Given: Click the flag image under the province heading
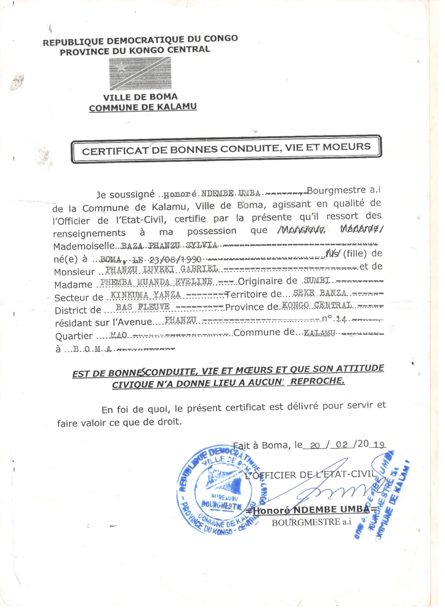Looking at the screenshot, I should (x=140, y=73).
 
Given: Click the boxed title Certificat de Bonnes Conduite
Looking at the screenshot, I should (x=226, y=149).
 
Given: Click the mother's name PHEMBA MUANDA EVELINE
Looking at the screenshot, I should (x=156, y=282).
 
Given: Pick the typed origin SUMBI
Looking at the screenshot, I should (x=317, y=281).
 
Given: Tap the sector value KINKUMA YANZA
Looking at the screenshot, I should (x=146, y=295).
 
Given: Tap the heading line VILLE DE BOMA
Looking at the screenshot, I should (x=141, y=97).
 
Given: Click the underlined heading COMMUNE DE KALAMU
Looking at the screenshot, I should (x=143, y=107).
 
